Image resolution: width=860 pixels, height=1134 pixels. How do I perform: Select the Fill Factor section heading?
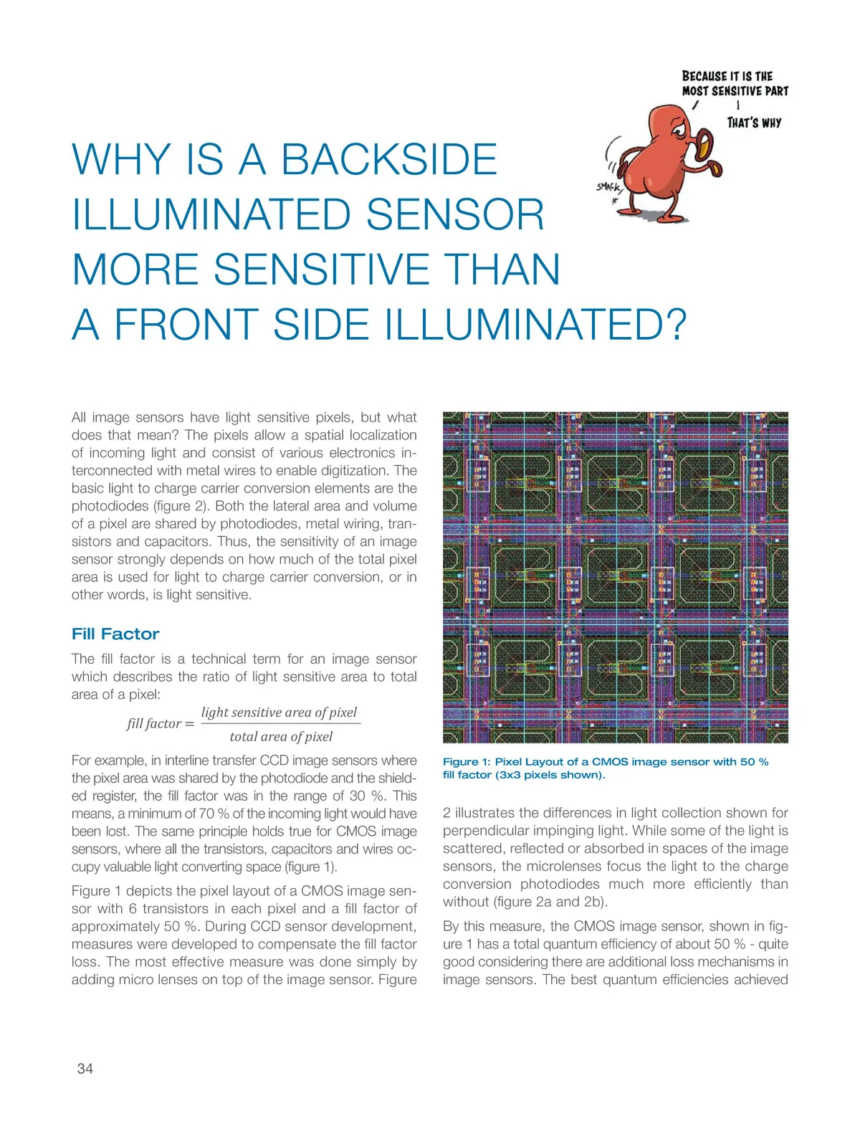[x=115, y=634]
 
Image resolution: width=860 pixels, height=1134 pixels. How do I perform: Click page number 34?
[x=85, y=1069]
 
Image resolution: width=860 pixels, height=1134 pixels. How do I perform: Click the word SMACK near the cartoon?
[x=608, y=188]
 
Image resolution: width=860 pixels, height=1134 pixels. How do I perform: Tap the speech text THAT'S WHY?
[x=754, y=123]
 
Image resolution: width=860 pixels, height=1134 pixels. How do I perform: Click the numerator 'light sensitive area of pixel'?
[x=279, y=713]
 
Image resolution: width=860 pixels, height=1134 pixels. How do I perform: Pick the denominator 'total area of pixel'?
[x=281, y=737]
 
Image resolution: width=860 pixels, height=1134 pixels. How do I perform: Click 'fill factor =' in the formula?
[x=161, y=724]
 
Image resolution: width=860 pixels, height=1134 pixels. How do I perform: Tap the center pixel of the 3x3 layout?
[x=616, y=577]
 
